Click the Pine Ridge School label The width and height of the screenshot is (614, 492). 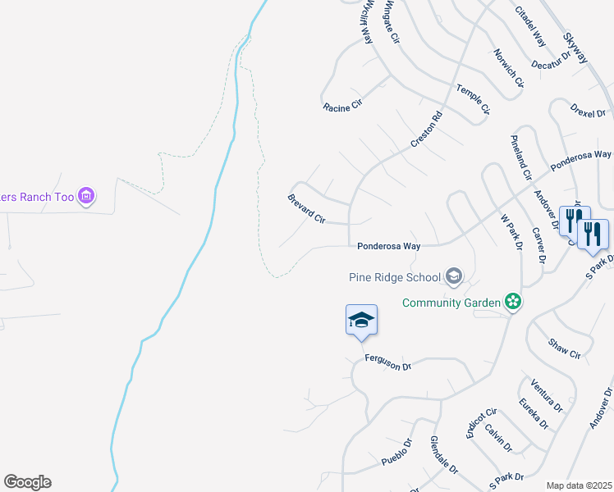(x=395, y=276)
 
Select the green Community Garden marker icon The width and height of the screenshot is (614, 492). (x=513, y=303)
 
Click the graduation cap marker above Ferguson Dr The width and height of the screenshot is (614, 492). (x=361, y=320)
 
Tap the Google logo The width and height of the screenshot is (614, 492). (x=27, y=482)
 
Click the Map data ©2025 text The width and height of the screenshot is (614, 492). (x=579, y=485)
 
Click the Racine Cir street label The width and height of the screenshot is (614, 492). (x=342, y=107)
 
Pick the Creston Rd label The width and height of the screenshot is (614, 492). (x=427, y=130)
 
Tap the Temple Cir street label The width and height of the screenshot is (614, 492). (x=473, y=99)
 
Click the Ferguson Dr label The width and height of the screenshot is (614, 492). (x=387, y=361)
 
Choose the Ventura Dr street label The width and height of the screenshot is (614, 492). (x=547, y=394)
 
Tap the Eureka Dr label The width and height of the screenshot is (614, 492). (x=534, y=412)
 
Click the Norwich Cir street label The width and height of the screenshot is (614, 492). (x=509, y=67)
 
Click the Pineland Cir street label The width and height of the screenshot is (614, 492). (x=521, y=157)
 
